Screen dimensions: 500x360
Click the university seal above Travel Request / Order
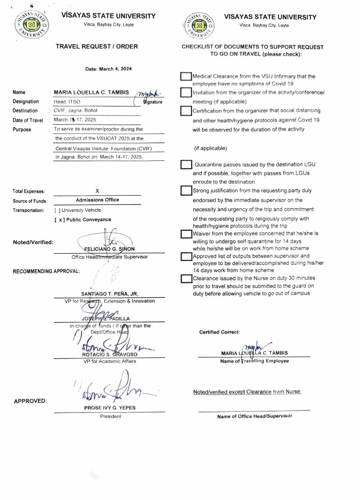[32, 25]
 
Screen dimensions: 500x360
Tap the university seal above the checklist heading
[199, 25]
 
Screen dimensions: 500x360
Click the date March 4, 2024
[108, 69]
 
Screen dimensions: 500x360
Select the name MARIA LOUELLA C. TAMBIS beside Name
[91, 92]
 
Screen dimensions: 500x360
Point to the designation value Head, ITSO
[67, 102]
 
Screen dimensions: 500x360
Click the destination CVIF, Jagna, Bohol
[75, 111]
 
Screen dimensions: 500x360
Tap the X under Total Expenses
[97, 191]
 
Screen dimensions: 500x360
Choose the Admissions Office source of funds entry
[97, 200]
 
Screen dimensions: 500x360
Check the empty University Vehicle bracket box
[57, 210]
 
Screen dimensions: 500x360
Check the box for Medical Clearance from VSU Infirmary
[186, 77]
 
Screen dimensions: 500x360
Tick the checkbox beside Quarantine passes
[186, 164]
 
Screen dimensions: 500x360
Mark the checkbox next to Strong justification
[186, 191]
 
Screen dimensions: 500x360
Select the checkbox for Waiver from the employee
[186, 234]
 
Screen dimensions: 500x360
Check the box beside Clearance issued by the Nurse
[186, 278]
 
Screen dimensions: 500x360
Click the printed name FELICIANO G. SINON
[109, 249]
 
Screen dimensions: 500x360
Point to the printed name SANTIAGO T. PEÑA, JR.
[109, 294]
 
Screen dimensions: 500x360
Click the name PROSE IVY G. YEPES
[110, 408]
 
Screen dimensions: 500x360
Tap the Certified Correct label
[219, 332]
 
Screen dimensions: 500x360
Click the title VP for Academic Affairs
[110, 361]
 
